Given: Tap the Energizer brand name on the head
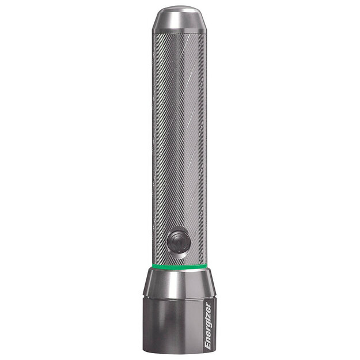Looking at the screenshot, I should (x=208, y=324).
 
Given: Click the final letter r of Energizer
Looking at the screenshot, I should (x=208, y=304).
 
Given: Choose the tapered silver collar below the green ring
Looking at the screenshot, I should (x=179, y=282).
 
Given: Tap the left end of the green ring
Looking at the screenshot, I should (x=153, y=264).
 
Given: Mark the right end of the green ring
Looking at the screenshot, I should (x=206, y=264).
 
